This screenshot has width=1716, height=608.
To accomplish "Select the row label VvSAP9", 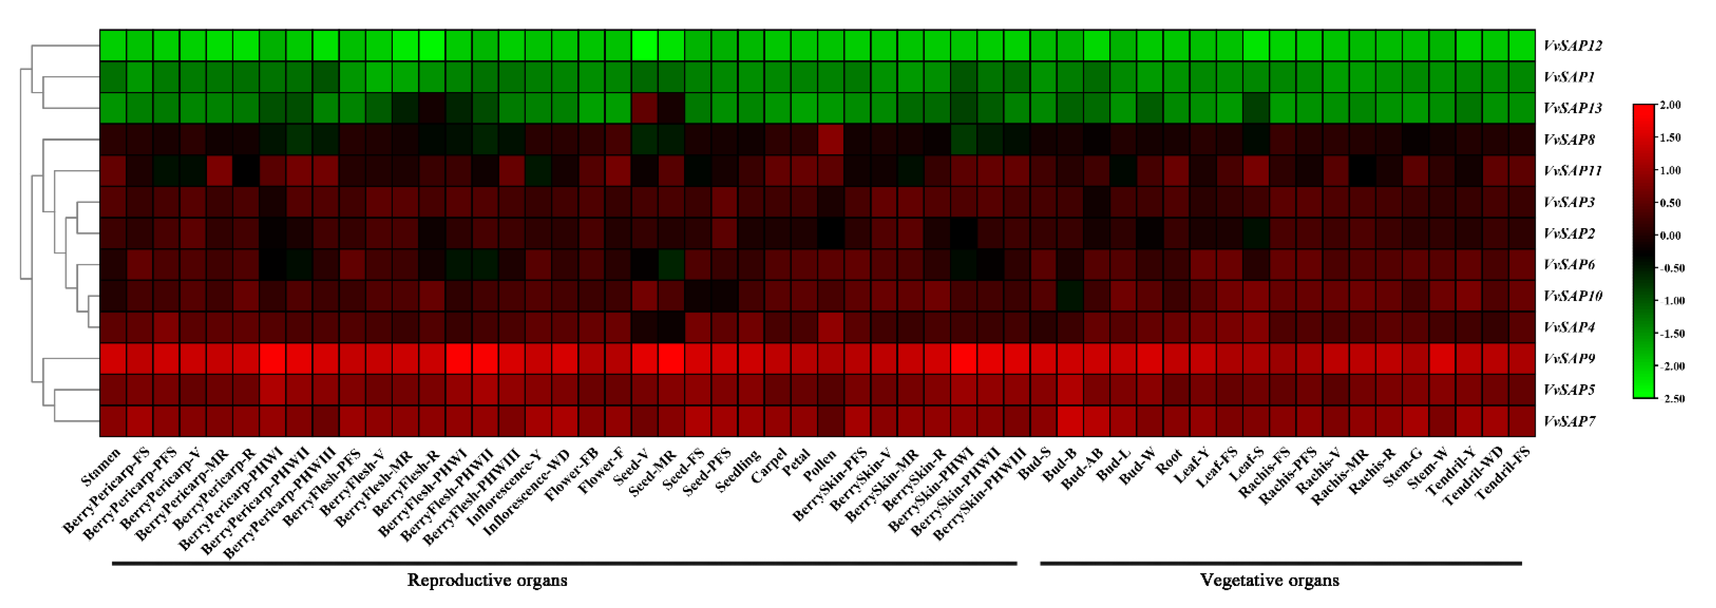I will point(1569,359).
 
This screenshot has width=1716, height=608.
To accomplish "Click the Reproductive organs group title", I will point(487,580).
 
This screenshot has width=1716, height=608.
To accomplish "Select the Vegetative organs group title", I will point(1269,580).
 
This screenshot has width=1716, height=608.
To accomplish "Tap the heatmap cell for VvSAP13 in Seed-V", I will point(645,108).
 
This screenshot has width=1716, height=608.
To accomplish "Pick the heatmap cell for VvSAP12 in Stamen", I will point(113,45).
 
